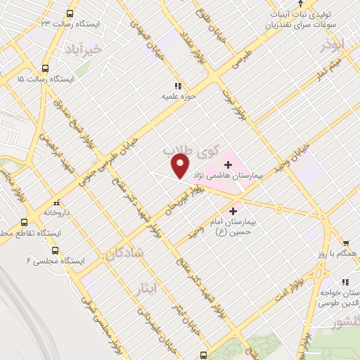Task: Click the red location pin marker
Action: [x=180, y=166]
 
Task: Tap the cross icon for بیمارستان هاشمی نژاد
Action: [x=228, y=165]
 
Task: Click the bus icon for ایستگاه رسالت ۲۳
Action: [x=69, y=13]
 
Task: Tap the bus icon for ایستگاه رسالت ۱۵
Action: [x=46, y=69]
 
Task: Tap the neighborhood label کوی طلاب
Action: [x=191, y=149]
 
